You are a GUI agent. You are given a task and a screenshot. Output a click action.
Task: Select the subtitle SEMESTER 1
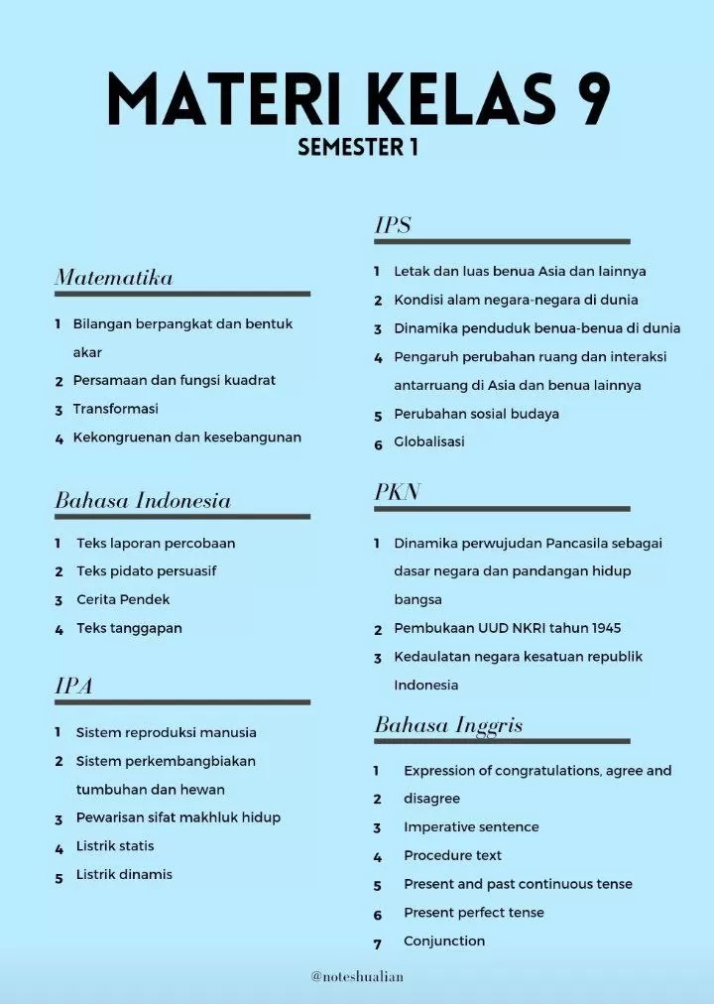[357, 147]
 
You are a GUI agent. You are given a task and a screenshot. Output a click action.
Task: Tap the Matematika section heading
[113, 278]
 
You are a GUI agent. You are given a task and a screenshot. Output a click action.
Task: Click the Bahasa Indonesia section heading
[143, 501]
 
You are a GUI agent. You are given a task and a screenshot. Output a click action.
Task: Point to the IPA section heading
[73, 686]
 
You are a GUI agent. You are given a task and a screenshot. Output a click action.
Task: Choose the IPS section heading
[393, 225]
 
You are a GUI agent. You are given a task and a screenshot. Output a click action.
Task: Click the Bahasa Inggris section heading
[448, 725]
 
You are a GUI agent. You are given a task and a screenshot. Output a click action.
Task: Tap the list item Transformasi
[115, 409]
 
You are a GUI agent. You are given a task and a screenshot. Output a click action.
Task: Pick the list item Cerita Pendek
[123, 599]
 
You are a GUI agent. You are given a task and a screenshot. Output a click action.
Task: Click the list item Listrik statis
[115, 846]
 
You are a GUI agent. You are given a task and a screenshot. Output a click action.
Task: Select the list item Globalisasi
[429, 441]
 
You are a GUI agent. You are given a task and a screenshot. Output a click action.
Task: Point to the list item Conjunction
[444, 941]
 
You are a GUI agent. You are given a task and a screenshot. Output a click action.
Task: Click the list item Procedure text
[452, 855]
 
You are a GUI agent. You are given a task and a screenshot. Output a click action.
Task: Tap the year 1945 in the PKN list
[606, 628]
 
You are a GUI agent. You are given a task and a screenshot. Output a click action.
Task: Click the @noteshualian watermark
[357, 977]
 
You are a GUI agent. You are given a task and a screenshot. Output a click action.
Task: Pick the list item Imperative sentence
[471, 826]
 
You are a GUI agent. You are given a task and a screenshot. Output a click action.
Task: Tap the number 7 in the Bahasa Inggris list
[378, 943]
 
